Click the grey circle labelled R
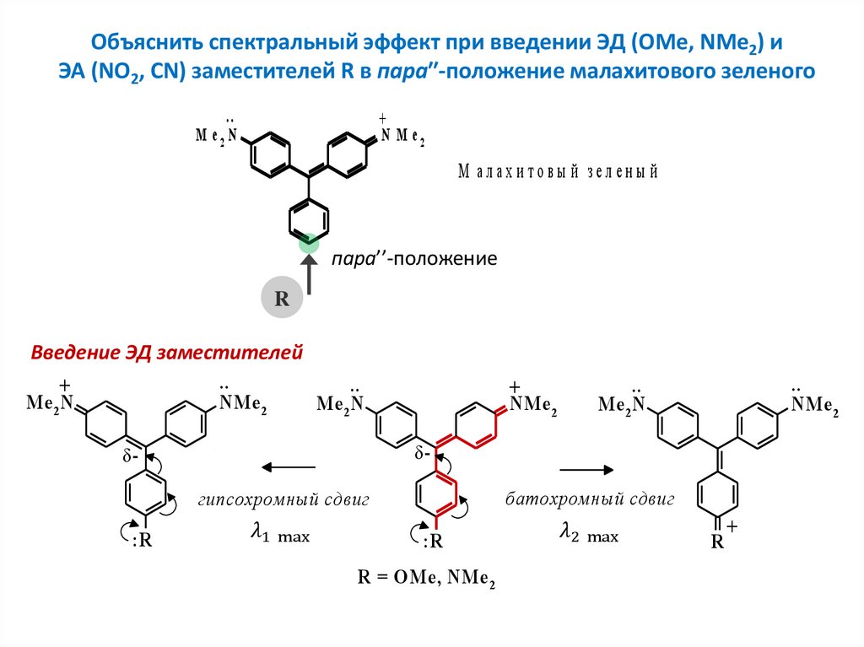283,298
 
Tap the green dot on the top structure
310,243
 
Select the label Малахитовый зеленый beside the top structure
558,172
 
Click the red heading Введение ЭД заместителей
166,353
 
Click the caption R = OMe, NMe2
426,578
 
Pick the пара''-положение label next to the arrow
413,258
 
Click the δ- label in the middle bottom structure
421,454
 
